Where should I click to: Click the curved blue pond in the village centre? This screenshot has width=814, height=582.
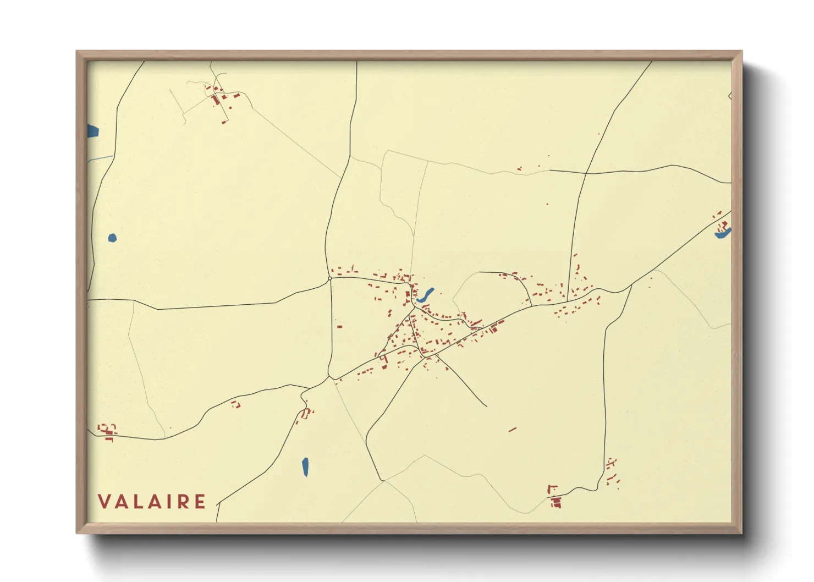click(426, 295)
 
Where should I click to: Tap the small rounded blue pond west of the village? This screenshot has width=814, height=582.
click(112, 238)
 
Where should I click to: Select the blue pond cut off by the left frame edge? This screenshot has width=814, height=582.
click(92, 131)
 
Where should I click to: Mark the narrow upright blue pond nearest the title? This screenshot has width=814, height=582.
click(305, 467)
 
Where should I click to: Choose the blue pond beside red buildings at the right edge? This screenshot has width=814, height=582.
click(722, 235)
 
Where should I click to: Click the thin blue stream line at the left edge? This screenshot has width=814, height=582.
click(100, 158)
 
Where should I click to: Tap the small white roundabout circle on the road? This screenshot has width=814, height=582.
click(329, 279)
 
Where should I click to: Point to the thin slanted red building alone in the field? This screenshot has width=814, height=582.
click(513, 429)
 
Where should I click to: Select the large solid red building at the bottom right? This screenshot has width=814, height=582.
click(556, 502)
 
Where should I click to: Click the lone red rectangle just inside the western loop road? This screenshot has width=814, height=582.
click(339, 326)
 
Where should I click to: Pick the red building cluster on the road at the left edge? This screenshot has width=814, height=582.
click(107, 431)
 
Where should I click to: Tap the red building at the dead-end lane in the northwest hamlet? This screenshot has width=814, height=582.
click(224, 122)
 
